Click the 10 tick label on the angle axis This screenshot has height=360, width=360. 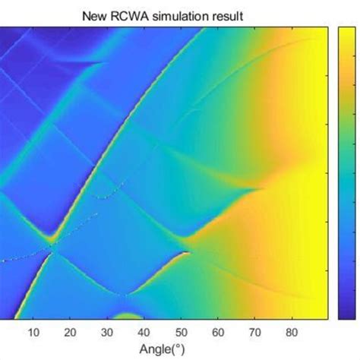pos(33,331)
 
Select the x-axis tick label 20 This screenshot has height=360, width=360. pos(70,331)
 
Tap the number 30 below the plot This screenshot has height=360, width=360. pos(107,331)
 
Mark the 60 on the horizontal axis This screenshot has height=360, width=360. pos(218,331)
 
